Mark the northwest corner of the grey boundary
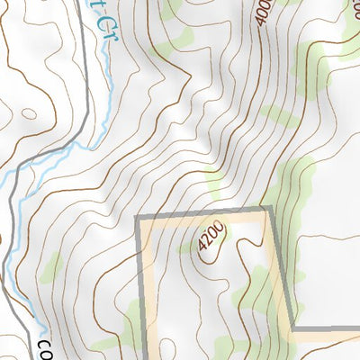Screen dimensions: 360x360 (139, 220)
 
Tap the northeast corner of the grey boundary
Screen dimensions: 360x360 (269, 209)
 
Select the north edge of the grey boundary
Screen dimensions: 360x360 (202, 214)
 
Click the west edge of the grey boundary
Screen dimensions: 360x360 (140, 288)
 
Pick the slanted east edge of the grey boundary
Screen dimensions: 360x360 (282, 270)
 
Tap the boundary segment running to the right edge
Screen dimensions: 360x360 (328, 329)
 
